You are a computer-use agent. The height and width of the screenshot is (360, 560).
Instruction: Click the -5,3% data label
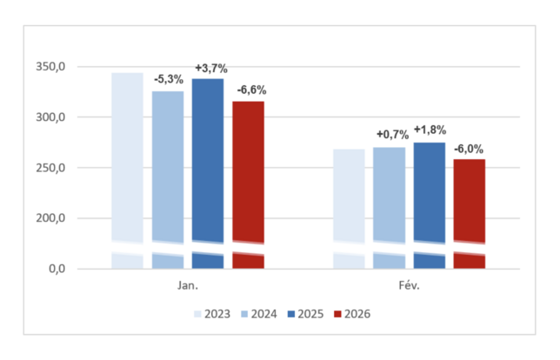pyautogui.click(x=169, y=80)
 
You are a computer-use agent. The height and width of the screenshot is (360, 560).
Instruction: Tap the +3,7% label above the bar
pyautogui.click(x=210, y=68)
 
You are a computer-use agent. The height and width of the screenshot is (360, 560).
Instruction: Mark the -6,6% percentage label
pyautogui.click(x=251, y=90)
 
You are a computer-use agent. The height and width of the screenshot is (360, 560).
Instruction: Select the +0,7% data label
pyautogui.click(x=392, y=134)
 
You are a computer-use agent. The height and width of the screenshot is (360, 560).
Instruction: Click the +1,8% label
pyautogui.click(x=430, y=130)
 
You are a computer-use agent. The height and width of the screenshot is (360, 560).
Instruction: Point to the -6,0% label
pyautogui.click(x=471, y=147)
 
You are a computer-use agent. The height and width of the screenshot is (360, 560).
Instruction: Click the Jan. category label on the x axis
pyautogui.click(x=188, y=284)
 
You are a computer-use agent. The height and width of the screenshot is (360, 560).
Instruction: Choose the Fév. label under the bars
pyautogui.click(x=408, y=284)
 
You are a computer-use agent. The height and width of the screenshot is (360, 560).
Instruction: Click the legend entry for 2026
pyautogui.click(x=352, y=313)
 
